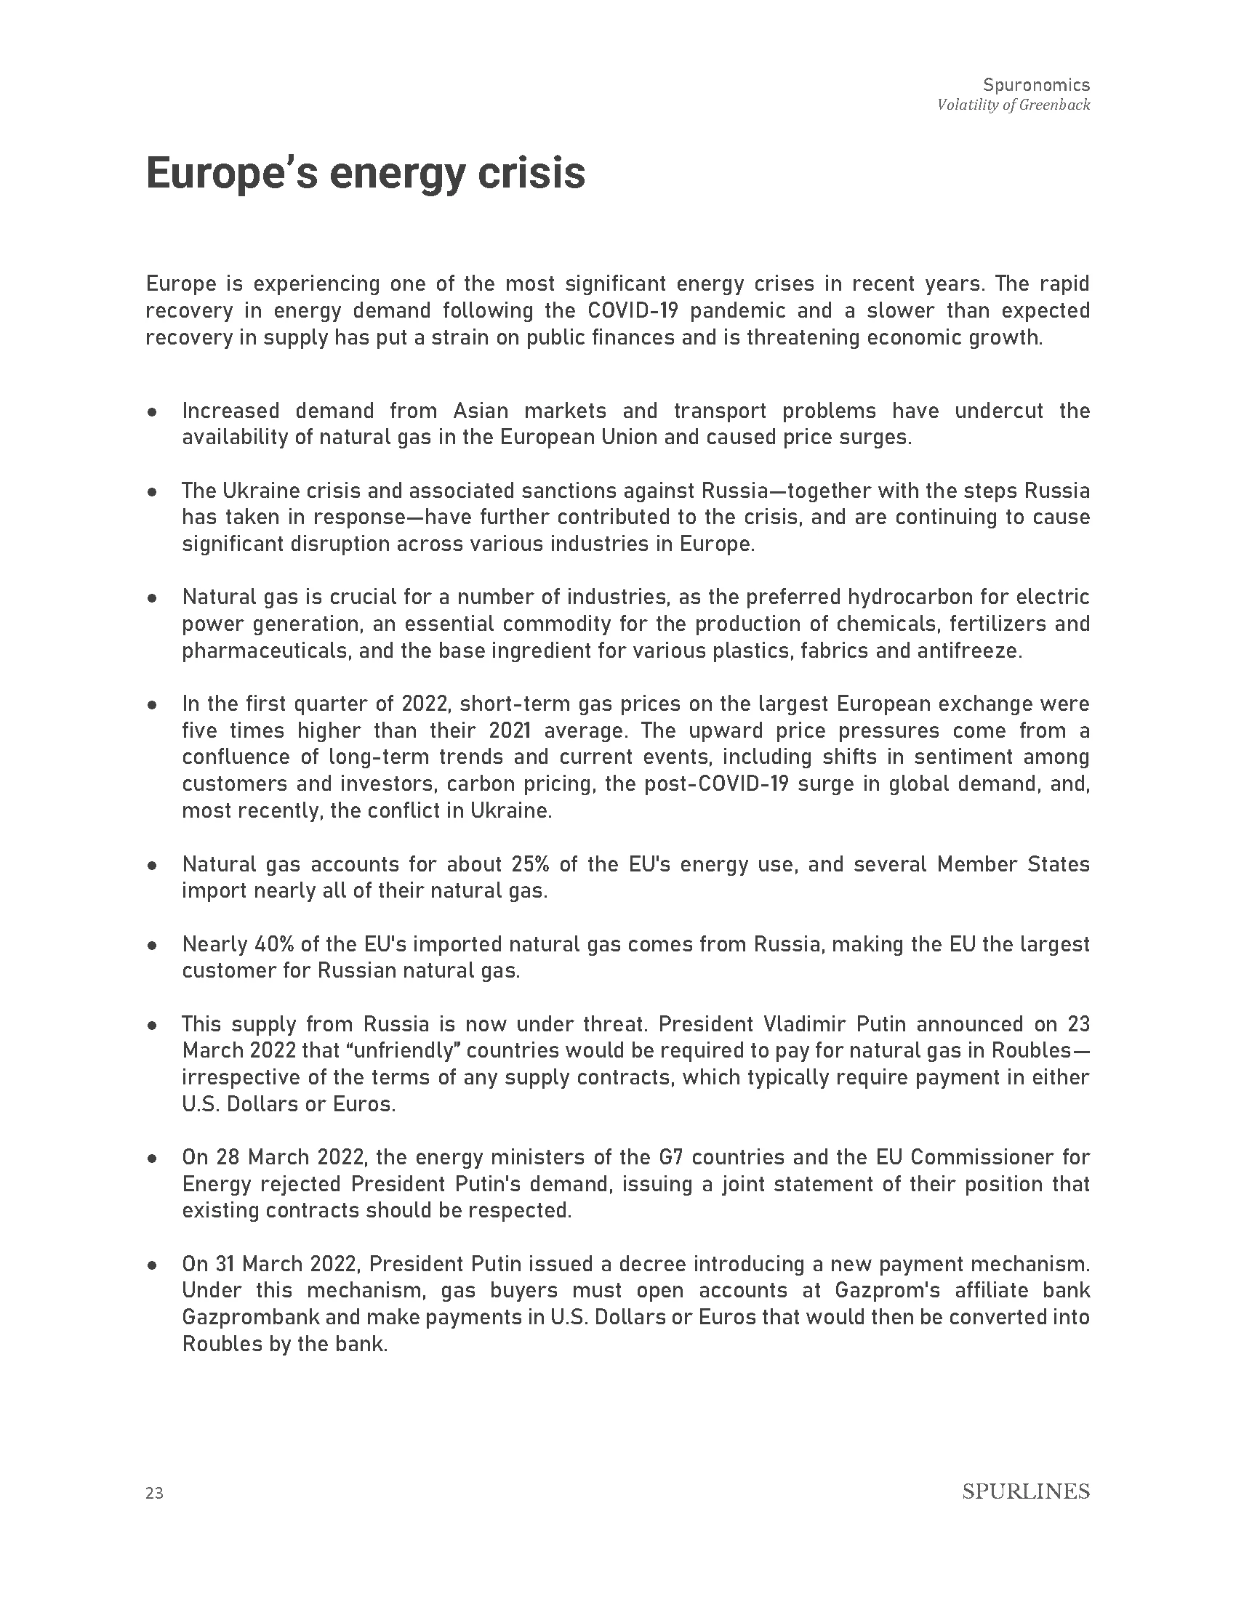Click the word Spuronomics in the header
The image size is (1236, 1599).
[x=1036, y=85]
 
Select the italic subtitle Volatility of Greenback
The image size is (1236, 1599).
[x=1014, y=105]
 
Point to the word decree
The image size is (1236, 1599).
[x=652, y=1264]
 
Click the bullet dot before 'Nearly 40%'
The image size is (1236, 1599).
[x=152, y=945]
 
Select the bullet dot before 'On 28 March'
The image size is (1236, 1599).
[x=152, y=1159]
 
